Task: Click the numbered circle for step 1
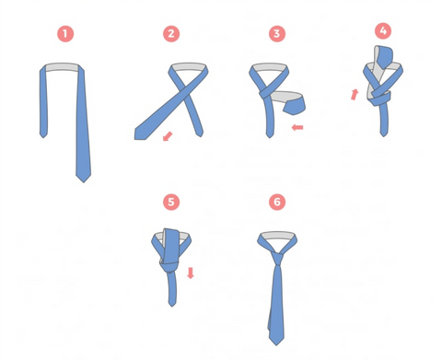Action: click(x=65, y=34)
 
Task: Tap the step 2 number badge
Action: click(x=171, y=34)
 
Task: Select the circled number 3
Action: click(x=277, y=34)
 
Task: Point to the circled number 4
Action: click(x=383, y=30)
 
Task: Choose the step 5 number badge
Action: click(x=171, y=202)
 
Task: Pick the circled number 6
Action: click(x=277, y=202)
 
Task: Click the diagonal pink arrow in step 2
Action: click(x=168, y=136)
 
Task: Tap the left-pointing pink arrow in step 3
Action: click(x=297, y=127)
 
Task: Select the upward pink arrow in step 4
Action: click(x=355, y=94)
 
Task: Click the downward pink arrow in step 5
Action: click(x=191, y=273)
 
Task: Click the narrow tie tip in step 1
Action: click(x=43, y=137)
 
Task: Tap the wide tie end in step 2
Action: click(x=141, y=134)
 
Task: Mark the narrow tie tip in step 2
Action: click(x=200, y=136)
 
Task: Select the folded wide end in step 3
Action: click(x=294, y=106)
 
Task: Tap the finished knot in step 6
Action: click(x=277, y=259)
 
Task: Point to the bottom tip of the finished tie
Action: click(x=276, y=345)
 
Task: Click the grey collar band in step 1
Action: click(x=62, y=67)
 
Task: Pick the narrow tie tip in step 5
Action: click(x=172, y=306)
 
